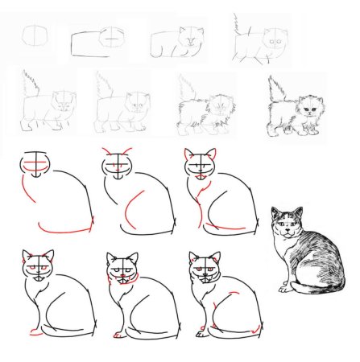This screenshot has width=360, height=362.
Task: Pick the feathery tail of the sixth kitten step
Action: [103, 86]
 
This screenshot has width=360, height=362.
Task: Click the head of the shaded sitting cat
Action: [286, 223]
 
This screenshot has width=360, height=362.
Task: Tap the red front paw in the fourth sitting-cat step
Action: [33, 331]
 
